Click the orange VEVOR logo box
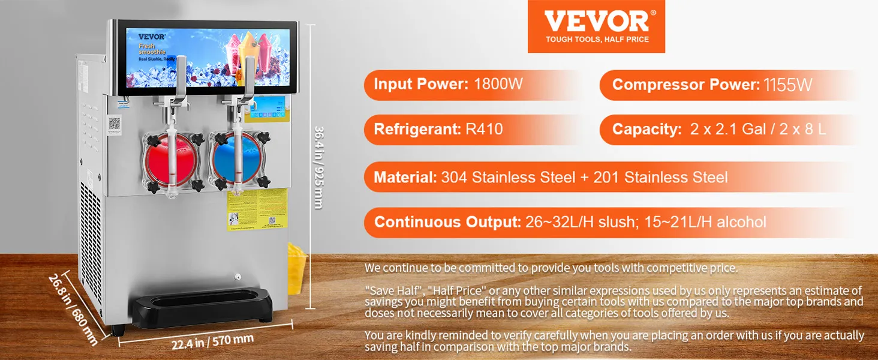point(596,26)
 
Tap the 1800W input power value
point(498,84)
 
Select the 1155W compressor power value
point(788,85)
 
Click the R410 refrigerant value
point(484,129)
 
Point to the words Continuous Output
point(447,222)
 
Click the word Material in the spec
point(405,177)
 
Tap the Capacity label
point(646,129)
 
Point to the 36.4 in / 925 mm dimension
point(318,167)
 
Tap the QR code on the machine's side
point(114,124)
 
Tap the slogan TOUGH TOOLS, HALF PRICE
point(597,40)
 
